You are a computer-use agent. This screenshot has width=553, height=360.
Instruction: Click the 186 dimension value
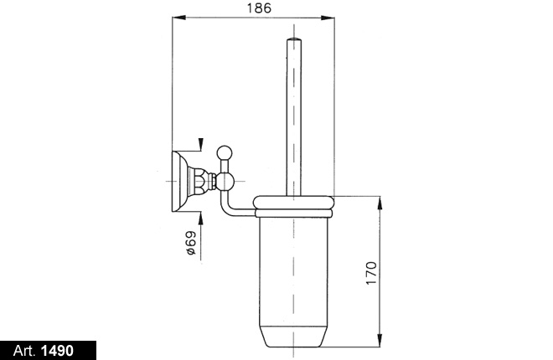pyautogui.click(x=259, y=8)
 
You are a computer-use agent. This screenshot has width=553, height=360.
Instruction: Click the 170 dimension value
pyautogui.click(x=371, y=273)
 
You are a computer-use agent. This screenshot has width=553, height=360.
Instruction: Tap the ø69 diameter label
pyautogui.click(x=190, y=243)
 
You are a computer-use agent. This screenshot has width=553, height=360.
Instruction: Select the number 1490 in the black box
pyautogui.click(x=57, y=351)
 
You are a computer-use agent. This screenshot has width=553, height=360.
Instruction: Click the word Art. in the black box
pyautogui.click(x=24, y=351)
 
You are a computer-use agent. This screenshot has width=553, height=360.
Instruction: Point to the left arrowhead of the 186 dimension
pyautogui.click(x=178, y=18)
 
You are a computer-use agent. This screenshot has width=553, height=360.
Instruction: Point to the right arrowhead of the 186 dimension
pyautogui.click(x=328, y=18)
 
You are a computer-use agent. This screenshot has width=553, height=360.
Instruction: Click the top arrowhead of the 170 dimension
pyautogui.click(x=380, y=203)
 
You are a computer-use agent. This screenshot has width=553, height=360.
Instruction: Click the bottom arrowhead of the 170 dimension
pyautogui.click(x=380, y=340)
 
